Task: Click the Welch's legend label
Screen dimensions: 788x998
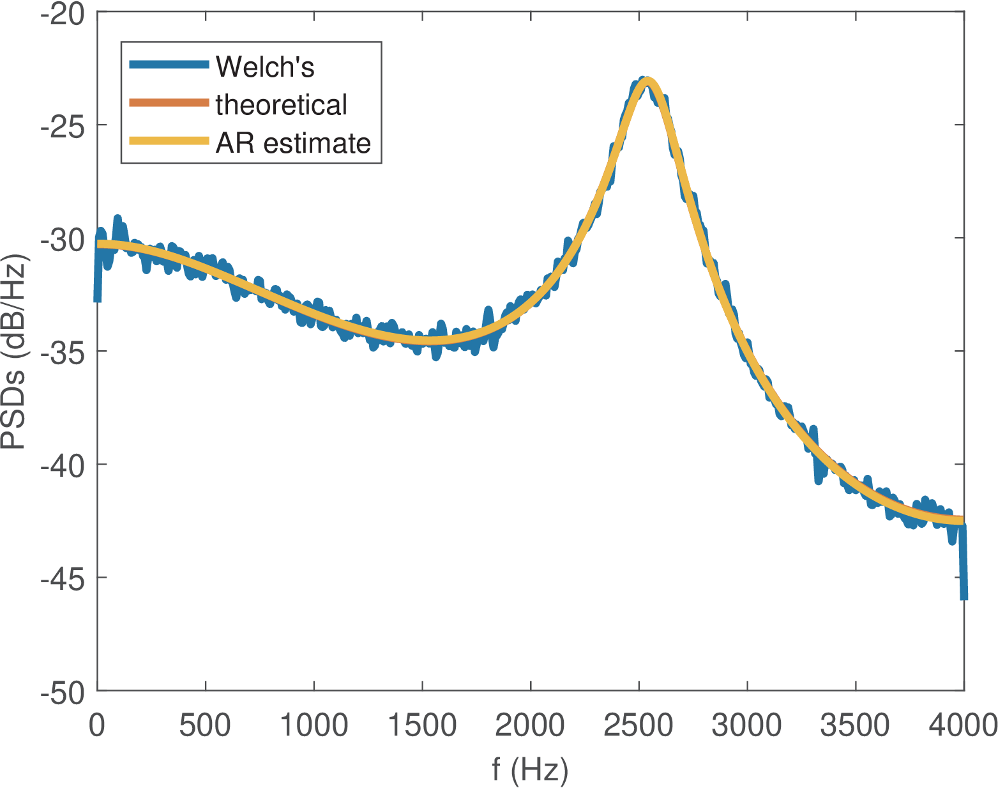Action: [x=264, y=66]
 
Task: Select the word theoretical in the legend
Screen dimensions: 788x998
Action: [x=281, y=105]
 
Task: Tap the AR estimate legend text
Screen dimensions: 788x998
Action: [x=293, y=143]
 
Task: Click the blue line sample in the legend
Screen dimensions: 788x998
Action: [x=169, y=64]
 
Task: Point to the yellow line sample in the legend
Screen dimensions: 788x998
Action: [x=169, y=141]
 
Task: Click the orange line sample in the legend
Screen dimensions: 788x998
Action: [x=169, y=103]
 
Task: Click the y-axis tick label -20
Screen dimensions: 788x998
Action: [x=62, y=14]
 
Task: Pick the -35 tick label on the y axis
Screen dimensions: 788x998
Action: [x=62, y=352]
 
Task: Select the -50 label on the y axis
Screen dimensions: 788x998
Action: [x=62, y=692]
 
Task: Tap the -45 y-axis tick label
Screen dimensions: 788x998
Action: [x=62, y=579]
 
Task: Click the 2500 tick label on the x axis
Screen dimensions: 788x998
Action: [x=638, y=726]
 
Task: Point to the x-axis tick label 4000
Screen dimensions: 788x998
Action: [x=963, y=726]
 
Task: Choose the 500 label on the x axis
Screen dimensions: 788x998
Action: [x=206, y=726]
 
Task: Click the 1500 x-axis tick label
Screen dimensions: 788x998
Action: [x=421, y=726]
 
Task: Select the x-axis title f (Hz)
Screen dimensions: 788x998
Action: [x=530, y=769]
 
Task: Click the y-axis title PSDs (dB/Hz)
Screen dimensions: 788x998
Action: [x=14, y=352]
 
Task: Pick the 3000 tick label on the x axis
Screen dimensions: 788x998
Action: [x=746, y=726]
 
